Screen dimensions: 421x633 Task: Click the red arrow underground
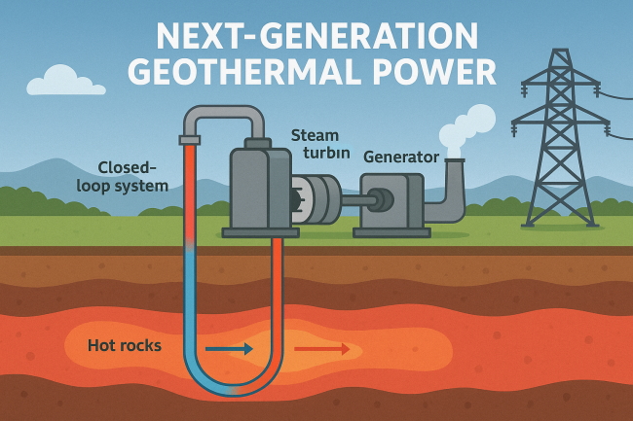pyautogui.click(x=321, y=346)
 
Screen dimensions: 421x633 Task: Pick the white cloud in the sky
pyautogui.click(x=67, y=79)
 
